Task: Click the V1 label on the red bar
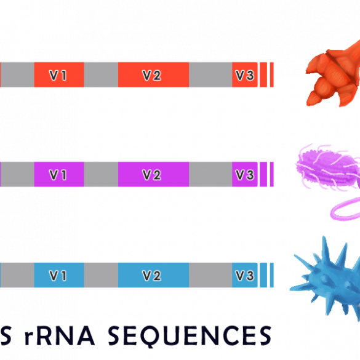click(x=58, y=75)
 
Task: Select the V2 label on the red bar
click(x=152, y=75)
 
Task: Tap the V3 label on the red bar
click(x=245, y=75)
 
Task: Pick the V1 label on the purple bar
click(x=58, y=175)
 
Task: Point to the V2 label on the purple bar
click(x=152, y=175)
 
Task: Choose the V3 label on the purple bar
click(x=245, y=175)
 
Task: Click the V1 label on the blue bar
click(x=58, y=275)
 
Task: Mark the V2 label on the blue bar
click(x=152, y=275)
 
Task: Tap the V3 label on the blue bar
click(x=245, y=275)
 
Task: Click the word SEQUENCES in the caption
click(x=190, y=336)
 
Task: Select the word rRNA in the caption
click(x=59, y=335)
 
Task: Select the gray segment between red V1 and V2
click(x=101, y=74)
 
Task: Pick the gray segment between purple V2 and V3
click(x=210, y=174)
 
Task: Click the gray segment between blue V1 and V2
click(x=101, y=275)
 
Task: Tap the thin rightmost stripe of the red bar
click(x=272, y=74)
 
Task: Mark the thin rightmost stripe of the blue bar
click(x=272, y=275)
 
